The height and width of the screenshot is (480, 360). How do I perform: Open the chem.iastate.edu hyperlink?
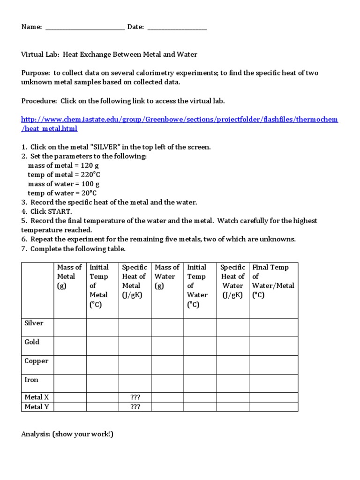point(179,120)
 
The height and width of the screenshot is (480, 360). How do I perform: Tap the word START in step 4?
point(59,211)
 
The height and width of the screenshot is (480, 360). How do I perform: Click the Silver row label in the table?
point(34,323)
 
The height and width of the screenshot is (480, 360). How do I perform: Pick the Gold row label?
point(32,342)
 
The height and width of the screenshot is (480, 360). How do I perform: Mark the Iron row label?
point(31,380)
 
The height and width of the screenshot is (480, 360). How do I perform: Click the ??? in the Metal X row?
point(135,397)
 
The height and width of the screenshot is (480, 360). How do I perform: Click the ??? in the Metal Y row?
point(135,407)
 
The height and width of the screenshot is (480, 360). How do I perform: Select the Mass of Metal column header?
point(69,277)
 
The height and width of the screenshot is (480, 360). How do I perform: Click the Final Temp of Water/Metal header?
point(273,281)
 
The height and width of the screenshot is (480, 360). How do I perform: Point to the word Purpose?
point(36,73)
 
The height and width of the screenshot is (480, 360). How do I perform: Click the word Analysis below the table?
point(36,434)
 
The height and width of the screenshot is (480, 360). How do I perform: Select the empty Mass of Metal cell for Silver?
point(70,327)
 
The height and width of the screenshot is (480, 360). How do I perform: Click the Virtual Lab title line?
point(109,55)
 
